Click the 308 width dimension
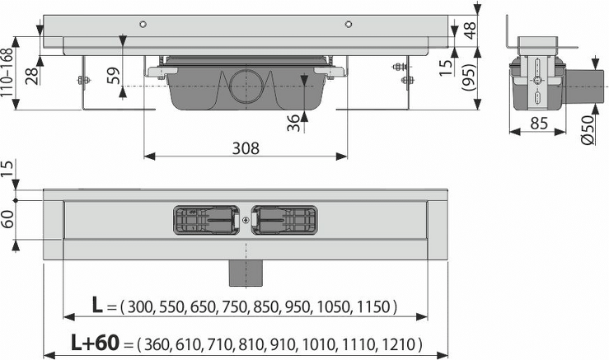(x=246, y=148)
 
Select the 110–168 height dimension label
(x=7, y=73)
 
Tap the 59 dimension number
(x=113, y=76)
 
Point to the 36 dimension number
(x=293, y=123)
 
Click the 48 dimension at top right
(x=470, y=30)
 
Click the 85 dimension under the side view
(x=538, y=124)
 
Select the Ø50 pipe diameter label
(x=588, y=129)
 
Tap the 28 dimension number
(x=33, y=76)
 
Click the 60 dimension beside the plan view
(x=7, y=219)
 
